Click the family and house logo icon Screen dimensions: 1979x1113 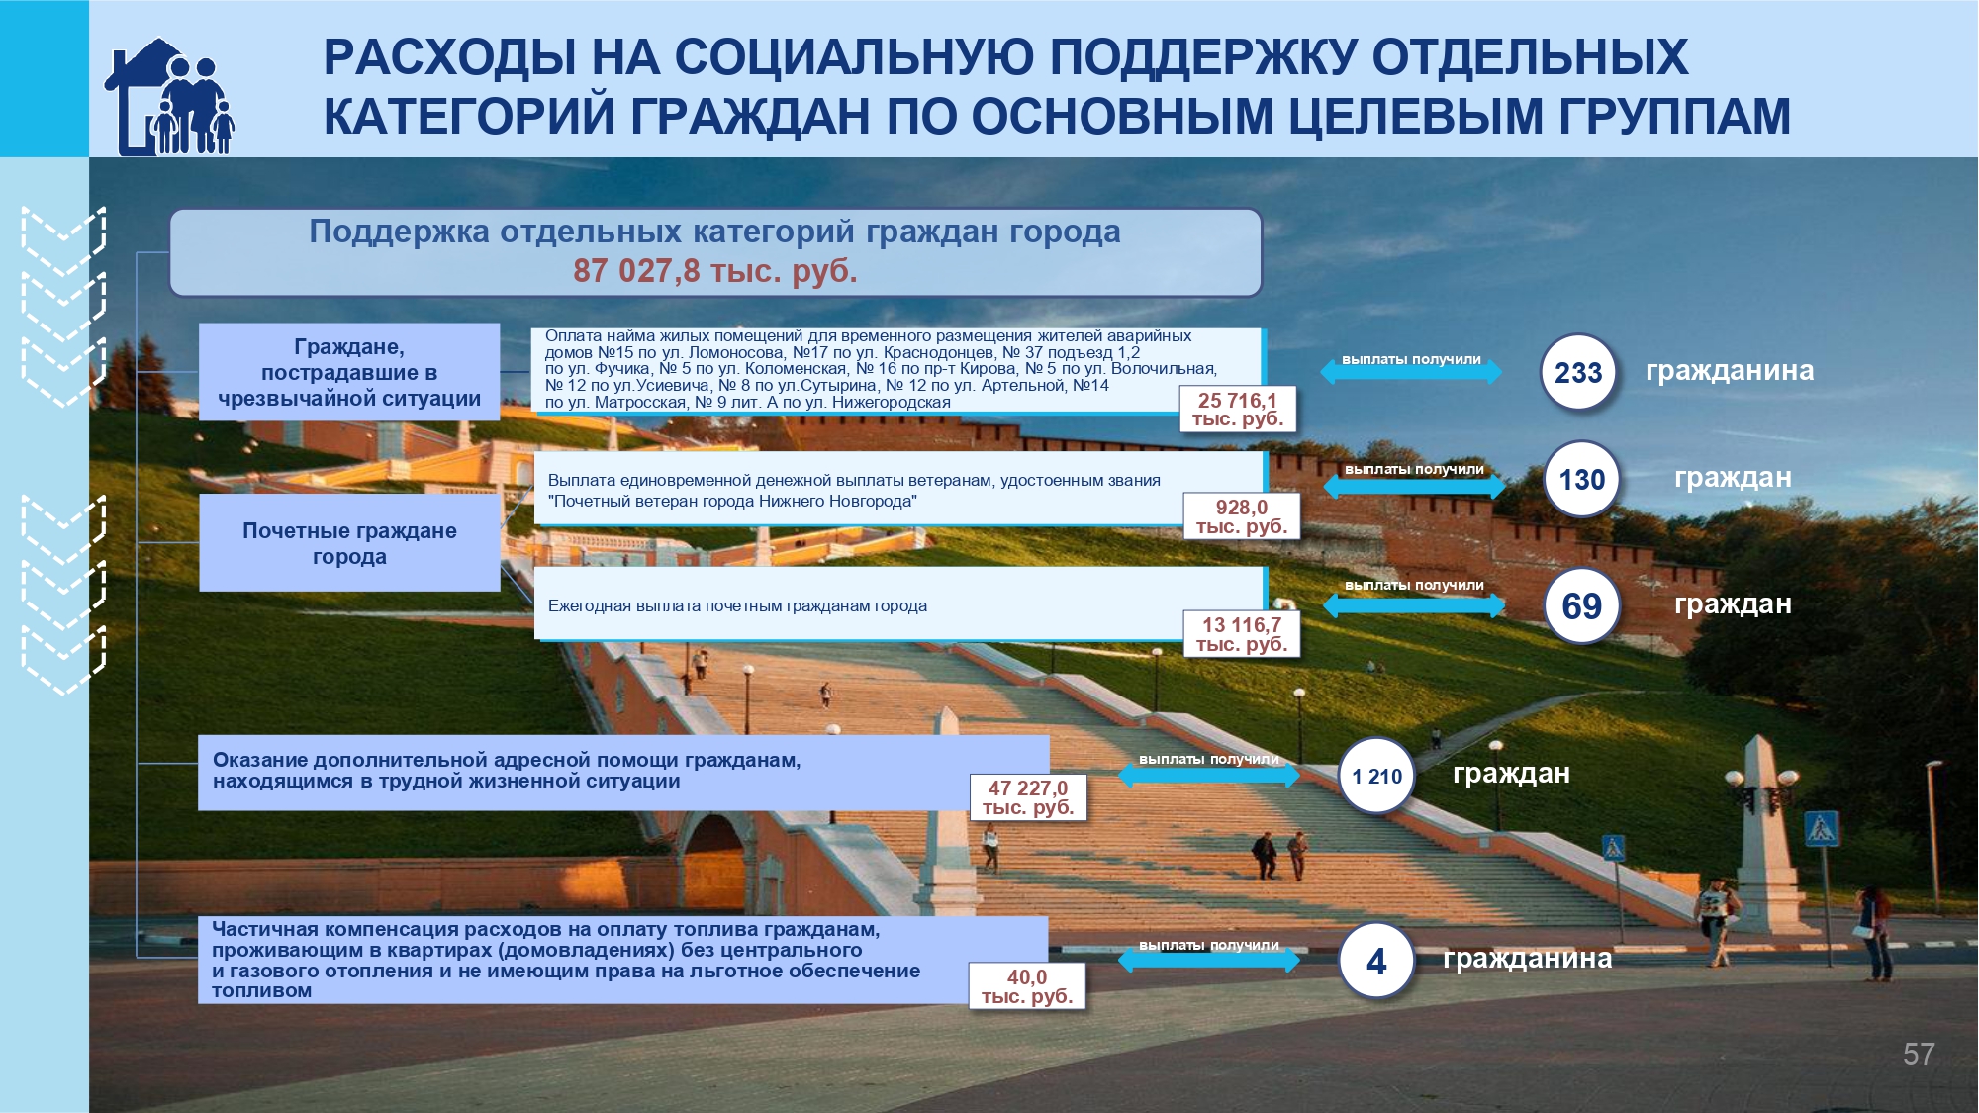click(169, 96)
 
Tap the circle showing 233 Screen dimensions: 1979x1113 click(1578, 372)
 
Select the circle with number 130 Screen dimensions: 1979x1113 click(1582, 480)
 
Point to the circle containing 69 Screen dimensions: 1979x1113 click(1582, 605)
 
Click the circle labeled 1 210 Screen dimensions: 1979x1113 click(1376, 776)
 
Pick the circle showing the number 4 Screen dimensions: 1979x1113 click(1376, 961)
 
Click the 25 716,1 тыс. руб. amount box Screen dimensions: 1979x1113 click(1238, 409)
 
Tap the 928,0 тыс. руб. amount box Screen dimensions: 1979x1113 click(1242, 516)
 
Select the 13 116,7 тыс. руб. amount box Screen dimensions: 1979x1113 click(1242, 634)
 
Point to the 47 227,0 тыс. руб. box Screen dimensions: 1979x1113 click(1028, 797)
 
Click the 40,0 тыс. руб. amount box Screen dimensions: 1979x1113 click(1027, 986)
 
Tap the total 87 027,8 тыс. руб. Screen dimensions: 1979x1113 click(715, 271)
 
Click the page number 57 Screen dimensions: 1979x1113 click(1919, 1054)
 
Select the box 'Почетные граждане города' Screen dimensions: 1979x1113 click(349, 543)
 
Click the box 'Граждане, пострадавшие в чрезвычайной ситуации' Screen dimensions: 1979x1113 click(349, 372)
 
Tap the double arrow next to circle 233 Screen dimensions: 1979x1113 click(1411, 371)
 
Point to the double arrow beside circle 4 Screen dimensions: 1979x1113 click(1208, 958)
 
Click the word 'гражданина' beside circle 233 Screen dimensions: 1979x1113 click(1730, 371)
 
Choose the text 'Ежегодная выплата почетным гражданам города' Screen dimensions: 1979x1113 click(737, 605)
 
